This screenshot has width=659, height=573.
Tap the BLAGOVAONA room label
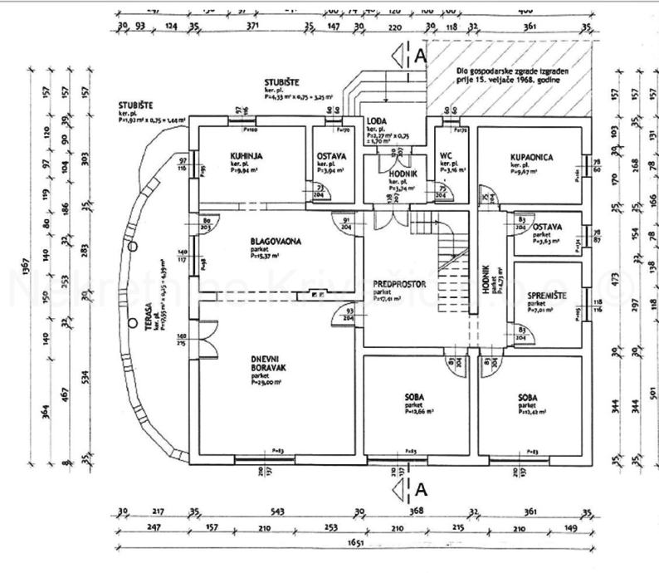276,242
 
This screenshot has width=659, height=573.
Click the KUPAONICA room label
532,155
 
